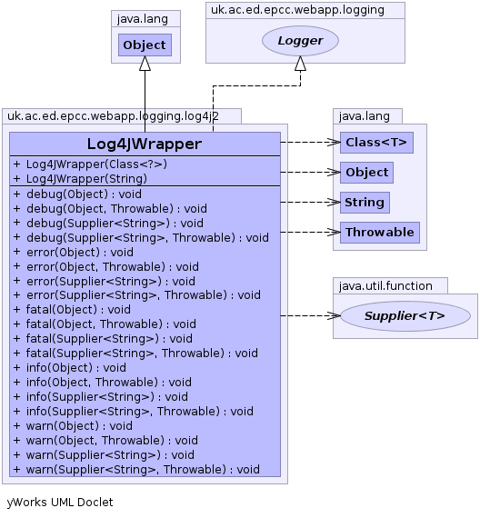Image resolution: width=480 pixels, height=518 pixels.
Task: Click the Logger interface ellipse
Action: tap(300, 41)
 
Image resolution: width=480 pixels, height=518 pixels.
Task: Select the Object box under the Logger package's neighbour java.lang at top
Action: tap(145, 45)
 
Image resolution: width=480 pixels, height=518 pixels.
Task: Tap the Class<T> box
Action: tap(376, 143)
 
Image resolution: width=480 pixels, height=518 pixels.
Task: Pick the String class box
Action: tap(365, 202)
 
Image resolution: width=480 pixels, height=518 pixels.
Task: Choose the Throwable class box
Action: tap(380, 233)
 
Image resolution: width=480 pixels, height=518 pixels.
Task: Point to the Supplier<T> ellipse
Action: tap(405, 316)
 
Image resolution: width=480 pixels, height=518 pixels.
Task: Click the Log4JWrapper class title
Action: tap(145, 144)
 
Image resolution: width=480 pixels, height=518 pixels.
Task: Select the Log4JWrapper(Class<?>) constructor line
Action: tap(90, 164)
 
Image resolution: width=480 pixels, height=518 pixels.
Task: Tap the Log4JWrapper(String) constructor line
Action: tap(80, 179)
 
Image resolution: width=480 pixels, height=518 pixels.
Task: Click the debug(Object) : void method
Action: tap(77, 194)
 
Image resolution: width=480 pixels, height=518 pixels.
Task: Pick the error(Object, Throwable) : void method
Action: tap(106, 266)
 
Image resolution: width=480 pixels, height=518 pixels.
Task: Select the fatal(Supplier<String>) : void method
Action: tap(103, 339)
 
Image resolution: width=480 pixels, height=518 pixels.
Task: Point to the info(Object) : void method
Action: tap(70, 368)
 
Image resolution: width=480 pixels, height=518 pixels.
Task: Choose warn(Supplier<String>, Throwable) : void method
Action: tap(136, 470)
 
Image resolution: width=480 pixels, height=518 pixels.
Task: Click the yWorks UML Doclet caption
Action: tap(60, 503)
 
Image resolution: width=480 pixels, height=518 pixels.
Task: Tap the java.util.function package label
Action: tap(385, 285)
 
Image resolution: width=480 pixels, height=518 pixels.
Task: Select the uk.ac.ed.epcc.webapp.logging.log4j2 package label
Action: tap(113, 116)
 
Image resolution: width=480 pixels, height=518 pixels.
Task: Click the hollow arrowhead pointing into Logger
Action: tap(300, 63)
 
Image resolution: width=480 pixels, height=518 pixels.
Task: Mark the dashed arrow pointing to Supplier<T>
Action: tap(310, 316)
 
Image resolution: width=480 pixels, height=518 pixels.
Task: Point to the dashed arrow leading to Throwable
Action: tap(310, 233)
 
